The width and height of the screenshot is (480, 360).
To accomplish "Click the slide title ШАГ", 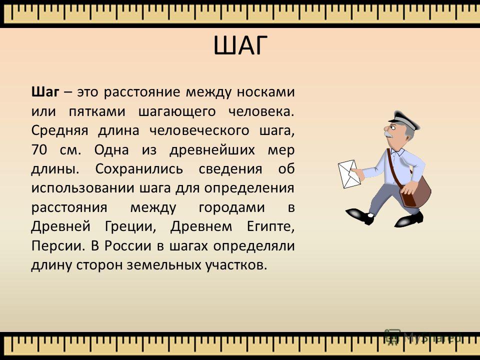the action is point(240,45).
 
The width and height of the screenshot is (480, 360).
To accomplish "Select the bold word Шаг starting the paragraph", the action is point(45,92).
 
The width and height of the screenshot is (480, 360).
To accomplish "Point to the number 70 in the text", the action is point(39,149).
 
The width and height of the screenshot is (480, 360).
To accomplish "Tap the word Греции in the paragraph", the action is point(130,227).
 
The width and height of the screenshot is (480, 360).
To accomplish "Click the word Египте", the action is point(270,227).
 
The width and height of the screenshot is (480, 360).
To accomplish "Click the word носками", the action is point(265,92).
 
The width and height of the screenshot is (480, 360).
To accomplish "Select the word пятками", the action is point(97,111).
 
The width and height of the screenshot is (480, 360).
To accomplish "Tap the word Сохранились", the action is point(139,169).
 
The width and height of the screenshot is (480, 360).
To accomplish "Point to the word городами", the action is point(231,207).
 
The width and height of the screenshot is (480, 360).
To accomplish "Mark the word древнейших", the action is point(212,150).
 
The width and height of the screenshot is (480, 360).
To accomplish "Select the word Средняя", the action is point(59,130).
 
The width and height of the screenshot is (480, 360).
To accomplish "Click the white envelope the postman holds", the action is point(349,174).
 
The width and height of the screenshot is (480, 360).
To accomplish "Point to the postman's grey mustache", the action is point(388,134).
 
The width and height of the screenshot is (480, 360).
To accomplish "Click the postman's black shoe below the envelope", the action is point(360,215).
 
